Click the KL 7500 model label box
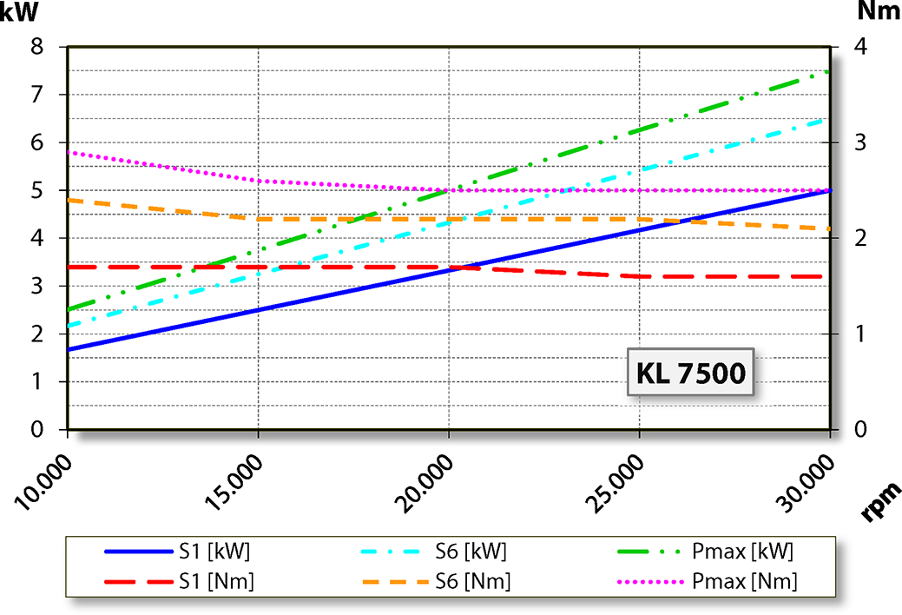pyautogui.click(x=691, y=374)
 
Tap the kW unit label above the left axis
pyautogui.click(x=19, y=15)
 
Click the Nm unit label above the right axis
pyautogui.click(x=877, y=11)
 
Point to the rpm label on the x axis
pyautogui.click(x=879, y=500)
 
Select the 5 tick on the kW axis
pyautogui.click(x=37, y=190)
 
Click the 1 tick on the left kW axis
pyautogui.click(x=37, y=381)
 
